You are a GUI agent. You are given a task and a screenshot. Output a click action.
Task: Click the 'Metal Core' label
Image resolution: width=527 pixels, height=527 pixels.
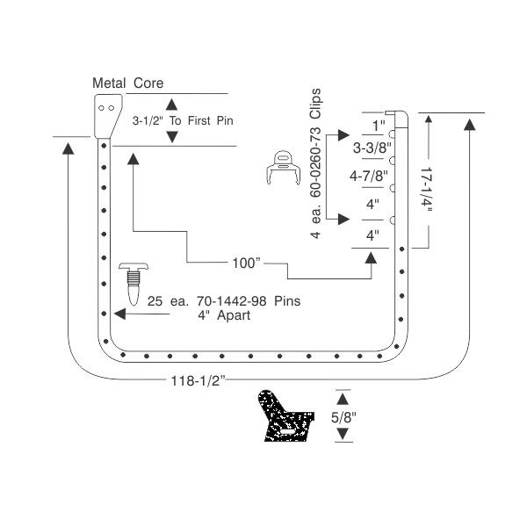127,83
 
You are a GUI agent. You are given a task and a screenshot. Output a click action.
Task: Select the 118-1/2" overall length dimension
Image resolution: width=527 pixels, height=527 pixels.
198,381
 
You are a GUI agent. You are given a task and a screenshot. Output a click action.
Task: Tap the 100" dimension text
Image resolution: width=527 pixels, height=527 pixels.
246,263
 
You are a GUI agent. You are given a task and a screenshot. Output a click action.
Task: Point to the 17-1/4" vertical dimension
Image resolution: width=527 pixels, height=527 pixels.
427,189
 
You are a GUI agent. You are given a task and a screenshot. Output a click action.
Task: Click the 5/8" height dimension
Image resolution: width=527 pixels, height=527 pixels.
343,417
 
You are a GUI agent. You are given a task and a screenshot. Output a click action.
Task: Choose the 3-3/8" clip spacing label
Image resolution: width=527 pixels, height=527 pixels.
372,148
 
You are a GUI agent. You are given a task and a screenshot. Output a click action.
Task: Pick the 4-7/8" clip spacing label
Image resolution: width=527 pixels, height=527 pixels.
369,176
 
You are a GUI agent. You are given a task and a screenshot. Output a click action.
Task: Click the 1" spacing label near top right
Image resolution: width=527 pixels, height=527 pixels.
379,126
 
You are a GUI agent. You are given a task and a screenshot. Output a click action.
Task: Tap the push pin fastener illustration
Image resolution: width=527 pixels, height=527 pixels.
134,284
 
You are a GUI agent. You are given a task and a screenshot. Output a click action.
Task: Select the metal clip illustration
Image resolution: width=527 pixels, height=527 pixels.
284,168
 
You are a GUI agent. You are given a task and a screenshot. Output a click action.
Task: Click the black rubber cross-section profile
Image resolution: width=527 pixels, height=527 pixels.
285,416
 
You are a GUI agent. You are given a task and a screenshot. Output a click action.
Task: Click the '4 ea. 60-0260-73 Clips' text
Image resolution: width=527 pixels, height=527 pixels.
315,163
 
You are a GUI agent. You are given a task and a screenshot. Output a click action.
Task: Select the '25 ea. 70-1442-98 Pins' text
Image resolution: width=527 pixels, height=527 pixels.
224,301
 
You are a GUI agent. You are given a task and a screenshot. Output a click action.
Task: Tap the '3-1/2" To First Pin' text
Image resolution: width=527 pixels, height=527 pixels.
183,120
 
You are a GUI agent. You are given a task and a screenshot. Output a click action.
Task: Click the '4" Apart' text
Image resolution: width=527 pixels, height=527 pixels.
224,315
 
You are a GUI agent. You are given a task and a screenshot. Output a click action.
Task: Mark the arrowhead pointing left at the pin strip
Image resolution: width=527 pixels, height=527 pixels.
120,314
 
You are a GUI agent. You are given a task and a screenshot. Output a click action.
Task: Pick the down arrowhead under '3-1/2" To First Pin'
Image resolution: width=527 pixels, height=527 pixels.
172,137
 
